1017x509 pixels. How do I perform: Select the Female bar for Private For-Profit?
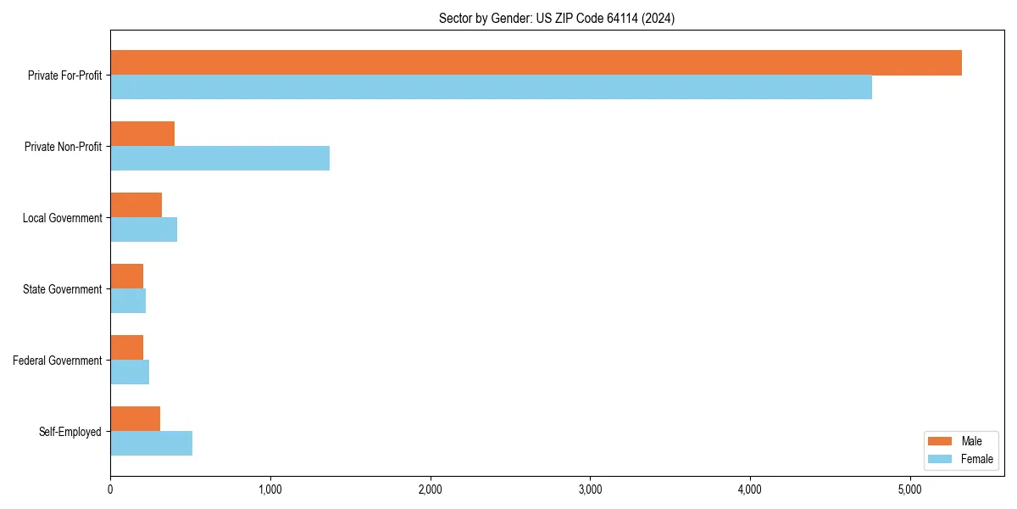pos(491,87)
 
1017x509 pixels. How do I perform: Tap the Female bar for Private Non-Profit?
pos(220,159)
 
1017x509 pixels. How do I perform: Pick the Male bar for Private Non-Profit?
pos(142,134)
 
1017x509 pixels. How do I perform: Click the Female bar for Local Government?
pos(143,230)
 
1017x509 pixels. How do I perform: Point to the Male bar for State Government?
pos(126,277)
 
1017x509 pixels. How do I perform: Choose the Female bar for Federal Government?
pos(130,372)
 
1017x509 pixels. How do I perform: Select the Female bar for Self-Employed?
pos(151,444)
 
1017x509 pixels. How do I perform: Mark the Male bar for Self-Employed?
pos(135,419)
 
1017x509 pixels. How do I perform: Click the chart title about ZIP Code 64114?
pos(557,18)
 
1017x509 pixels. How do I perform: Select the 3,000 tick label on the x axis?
pos(590,489)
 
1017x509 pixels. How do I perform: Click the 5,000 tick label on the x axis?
pos(909,489)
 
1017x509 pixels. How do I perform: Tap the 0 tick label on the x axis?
pos(110,489)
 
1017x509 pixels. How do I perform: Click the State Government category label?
pos(62,289)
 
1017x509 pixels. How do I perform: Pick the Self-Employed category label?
pos(69,432)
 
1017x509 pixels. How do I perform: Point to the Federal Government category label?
pos(58,361)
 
